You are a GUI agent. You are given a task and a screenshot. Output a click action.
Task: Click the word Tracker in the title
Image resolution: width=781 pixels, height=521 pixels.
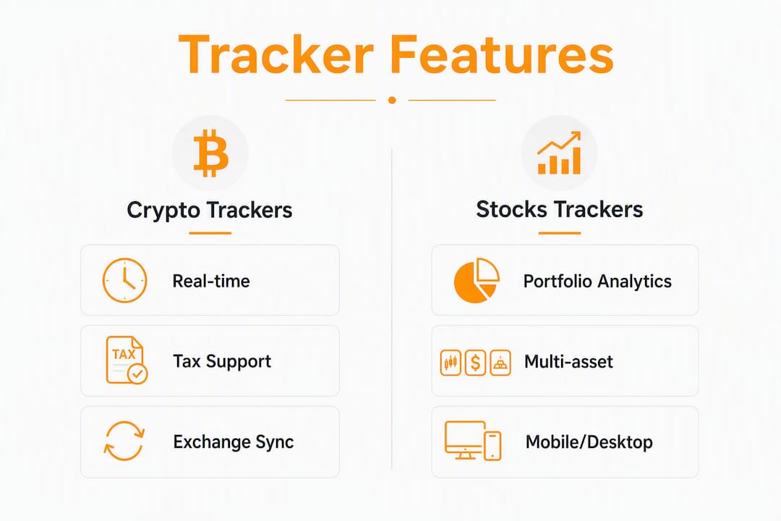coord(276,54)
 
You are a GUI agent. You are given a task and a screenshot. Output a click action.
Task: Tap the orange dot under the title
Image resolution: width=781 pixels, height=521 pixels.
coord(392,100)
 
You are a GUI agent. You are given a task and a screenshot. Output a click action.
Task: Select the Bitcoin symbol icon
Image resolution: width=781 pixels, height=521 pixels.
coord(210,153)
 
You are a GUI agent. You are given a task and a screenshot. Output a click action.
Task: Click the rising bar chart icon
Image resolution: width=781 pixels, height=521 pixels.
coord(559,153)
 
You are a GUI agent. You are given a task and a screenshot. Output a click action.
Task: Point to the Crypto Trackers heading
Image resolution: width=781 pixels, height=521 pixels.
coord(209,210)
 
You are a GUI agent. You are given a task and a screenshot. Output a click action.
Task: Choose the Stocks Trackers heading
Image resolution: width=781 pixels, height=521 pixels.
coord(559,209)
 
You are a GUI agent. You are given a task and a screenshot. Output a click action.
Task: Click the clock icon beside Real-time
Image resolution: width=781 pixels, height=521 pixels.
coord(124,280)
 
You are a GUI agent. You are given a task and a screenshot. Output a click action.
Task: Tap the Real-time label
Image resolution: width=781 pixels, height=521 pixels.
coord(211,281)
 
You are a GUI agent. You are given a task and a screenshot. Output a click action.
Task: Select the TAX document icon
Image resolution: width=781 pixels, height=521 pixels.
coord(127,360)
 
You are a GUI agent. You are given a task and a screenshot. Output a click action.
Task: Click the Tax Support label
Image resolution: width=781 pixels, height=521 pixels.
coord(222,362)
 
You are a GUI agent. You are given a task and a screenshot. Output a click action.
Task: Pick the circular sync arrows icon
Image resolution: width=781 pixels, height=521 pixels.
coord(124,441)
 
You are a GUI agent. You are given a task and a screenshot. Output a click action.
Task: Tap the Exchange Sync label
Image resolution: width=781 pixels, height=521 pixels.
coord(234,442)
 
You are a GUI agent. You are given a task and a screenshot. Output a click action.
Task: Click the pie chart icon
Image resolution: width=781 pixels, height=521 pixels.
coord(477,280)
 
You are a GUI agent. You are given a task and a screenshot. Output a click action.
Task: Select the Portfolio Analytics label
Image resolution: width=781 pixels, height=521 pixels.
coord(597,281)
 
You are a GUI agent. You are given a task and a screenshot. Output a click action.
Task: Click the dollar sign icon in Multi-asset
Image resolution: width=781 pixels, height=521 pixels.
coord(475,363)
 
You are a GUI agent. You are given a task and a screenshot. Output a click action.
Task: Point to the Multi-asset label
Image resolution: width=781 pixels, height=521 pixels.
coord(568,362)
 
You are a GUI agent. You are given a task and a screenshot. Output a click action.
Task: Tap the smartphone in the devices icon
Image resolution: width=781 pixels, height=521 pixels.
coord(492,445)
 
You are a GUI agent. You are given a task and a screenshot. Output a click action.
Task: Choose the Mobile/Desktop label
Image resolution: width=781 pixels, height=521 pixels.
coord(589,442)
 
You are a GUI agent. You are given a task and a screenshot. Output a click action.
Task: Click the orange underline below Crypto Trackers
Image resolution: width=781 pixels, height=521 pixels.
coord(210,233)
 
